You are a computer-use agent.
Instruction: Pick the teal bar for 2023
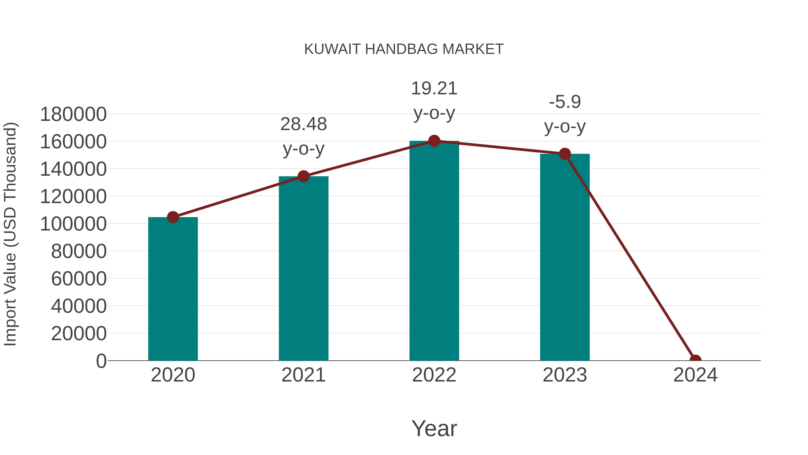click(565, 257)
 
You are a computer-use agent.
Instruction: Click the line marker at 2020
click(173, 217)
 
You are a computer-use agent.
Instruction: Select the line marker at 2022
click(434, 141)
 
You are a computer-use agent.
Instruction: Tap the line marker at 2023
click(565, 154)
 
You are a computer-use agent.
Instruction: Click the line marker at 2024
click(695, 360)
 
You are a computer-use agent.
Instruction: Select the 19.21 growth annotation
click(434, 100)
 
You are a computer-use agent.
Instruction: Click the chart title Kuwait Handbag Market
click(404, 49)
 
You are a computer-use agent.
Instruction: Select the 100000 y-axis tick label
click(73, 224)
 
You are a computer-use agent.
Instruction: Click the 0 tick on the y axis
click(101, 361)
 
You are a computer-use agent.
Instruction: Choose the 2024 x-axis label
click(695, 375)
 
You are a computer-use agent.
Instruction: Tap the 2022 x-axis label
click(434, 375)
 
